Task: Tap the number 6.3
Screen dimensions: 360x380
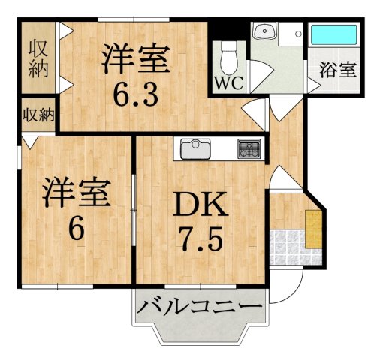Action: coord(136,94)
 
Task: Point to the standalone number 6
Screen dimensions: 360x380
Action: coord(76,230)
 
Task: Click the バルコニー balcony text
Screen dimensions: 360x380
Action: coord(200,308)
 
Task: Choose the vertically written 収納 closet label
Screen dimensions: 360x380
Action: coord(38,59)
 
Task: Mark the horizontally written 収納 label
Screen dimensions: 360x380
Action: coord(38,115)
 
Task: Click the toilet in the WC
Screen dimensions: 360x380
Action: coord(229,52)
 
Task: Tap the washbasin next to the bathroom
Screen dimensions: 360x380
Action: coord(264,33)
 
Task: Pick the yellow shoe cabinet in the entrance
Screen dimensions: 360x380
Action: coord(313,230)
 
